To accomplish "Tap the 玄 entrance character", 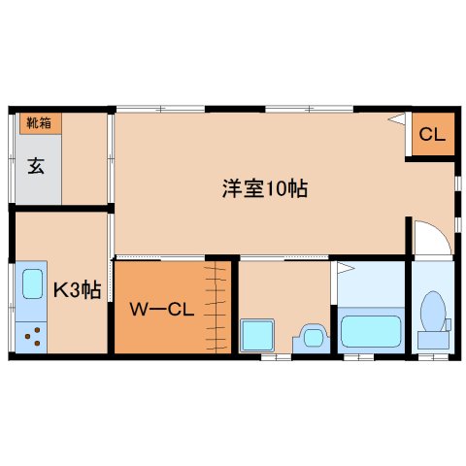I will coord(36,164).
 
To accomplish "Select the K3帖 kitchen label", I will coord(76,289).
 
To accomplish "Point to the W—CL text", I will coord(163,311).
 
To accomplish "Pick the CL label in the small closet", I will coord(432,135).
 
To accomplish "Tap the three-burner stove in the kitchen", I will coord(31,337).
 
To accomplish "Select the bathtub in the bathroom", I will coord(370,330).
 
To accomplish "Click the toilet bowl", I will coord(433,312).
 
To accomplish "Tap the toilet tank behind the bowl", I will coord(433,339).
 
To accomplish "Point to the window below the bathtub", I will coord(358,356).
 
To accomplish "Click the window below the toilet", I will coord(434,356).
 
